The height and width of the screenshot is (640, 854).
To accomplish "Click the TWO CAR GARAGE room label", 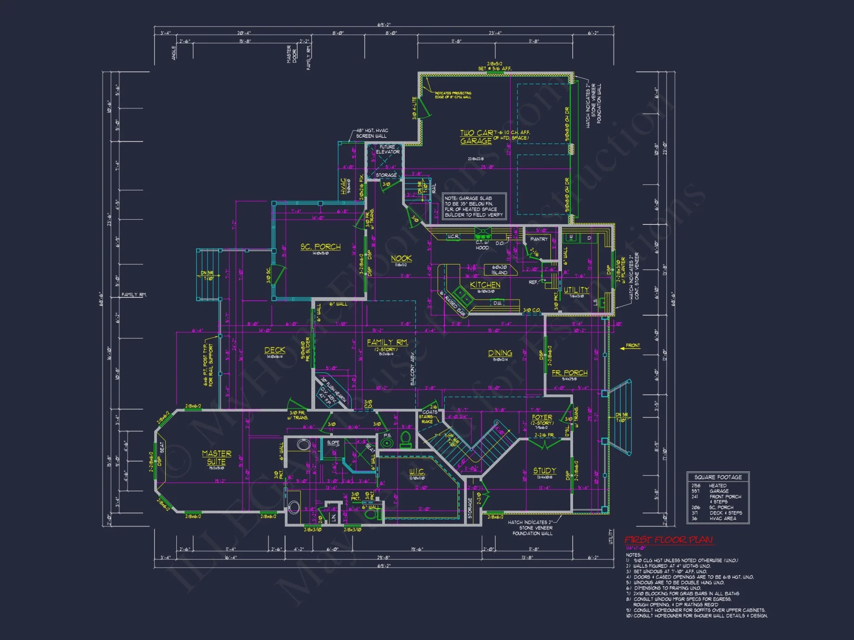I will point(476,137).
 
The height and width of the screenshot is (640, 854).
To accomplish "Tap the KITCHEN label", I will point(485,285).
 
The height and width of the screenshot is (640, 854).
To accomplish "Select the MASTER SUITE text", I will point(216,457).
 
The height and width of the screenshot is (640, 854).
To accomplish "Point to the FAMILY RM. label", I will point(387,342).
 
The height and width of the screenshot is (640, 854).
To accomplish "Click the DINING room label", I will point(500,353).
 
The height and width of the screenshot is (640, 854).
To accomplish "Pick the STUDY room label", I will point(544,471).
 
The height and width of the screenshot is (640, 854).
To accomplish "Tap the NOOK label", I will point(401,258).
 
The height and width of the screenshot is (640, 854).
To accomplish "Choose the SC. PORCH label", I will point(320,247).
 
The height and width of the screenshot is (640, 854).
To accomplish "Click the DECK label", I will point(275,350).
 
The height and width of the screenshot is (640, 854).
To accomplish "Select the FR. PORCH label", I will point(569,372).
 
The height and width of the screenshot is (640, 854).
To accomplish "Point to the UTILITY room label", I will point(576,290).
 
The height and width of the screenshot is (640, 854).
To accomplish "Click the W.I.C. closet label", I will point(417,471).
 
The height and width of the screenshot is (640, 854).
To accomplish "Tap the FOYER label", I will point(542,417).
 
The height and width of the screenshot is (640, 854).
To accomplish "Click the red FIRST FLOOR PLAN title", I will point(669,540).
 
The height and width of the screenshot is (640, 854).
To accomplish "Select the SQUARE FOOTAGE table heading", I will point(718,477).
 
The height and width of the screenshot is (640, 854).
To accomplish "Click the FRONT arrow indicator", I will point(630,347).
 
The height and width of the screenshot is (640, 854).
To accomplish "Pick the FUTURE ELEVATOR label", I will point(387,149).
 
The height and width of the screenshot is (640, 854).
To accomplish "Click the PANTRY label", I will point(538,239).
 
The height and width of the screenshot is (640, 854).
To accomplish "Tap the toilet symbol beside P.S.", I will point(406,439).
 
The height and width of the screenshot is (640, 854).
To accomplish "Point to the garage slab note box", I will point(474,207).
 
